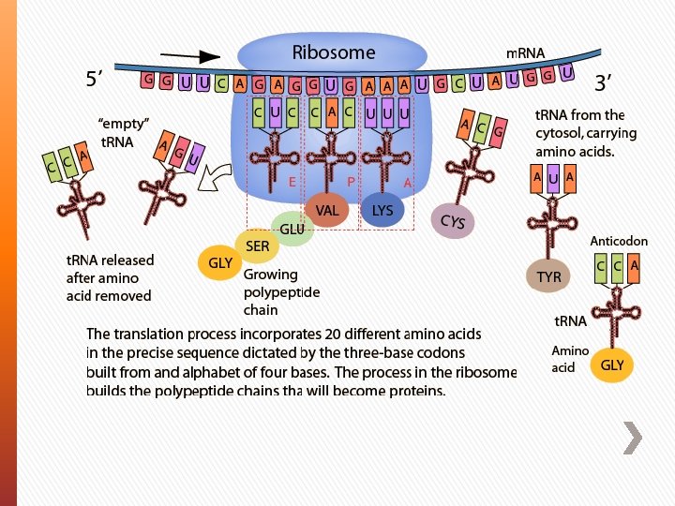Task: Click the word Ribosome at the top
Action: coord(333,52)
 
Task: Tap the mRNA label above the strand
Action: coord(525,53)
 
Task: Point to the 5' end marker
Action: coord(95,81)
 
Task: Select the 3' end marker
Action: coord(603,82)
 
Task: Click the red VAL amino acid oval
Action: coord(327,211)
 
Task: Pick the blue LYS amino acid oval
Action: coord(382,211)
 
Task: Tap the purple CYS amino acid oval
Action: coord(453,221)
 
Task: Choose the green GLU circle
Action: coord(292,229)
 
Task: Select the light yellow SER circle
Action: coord(257,246)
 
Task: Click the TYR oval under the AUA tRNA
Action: coord(549,277)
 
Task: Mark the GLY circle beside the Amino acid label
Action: coord(611,365)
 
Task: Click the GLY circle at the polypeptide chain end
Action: coord(220,263)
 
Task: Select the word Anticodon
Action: coord(618,241)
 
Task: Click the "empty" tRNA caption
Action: coord(124,132)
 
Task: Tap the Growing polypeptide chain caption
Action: coord(281,292)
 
